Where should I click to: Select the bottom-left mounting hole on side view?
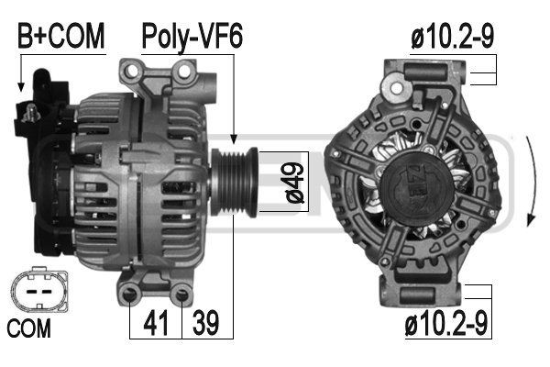tap(134, 293)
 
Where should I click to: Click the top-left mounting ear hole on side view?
tap(130, 70)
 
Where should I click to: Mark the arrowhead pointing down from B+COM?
tap(19, 87)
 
